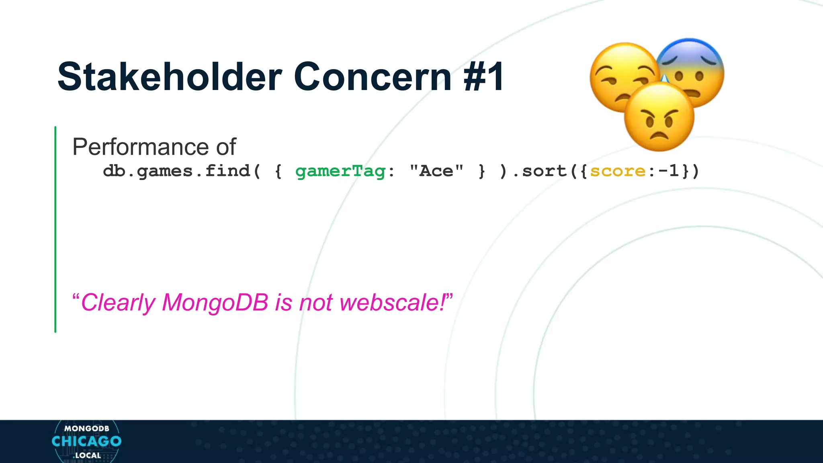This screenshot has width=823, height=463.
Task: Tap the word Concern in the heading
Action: pos(373,77)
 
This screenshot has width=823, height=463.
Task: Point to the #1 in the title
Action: pos(483,77)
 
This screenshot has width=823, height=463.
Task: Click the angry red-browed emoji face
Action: pos(659,117)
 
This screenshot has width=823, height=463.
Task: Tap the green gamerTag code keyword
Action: pos(340,171)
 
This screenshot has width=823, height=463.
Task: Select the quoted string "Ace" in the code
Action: pos(436,171)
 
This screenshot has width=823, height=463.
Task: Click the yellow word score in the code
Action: pos(618,171)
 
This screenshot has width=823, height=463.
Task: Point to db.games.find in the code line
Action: pos(177,171)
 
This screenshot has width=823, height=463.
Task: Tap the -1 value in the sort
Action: pos(669,171)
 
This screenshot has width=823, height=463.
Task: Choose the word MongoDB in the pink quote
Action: pos(215,302)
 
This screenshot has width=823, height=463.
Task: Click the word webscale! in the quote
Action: pos(394,302)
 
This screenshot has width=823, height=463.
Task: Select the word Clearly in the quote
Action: pos(118,302)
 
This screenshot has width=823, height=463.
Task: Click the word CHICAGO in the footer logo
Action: pos(86,441)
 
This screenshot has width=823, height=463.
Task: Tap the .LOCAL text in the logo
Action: pos(87,456)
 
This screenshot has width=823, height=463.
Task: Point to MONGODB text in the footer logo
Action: pos(87,429)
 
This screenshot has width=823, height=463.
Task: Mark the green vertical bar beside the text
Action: pos(55,229)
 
